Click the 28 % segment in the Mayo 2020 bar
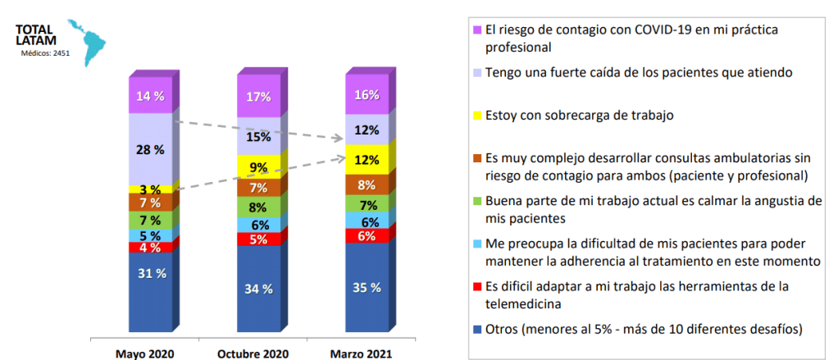(149, 149)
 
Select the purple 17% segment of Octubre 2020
(258, 96)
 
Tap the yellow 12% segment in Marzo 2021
(367, 160)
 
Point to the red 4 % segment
(149, 247)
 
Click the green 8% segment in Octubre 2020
(258, 207)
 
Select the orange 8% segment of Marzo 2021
(367, 185)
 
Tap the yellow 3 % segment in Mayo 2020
(149, 189)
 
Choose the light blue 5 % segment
(149, 235)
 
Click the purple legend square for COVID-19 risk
(477, 30)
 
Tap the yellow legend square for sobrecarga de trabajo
(477, 116)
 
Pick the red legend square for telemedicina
(477, 286)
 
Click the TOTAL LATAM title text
(34, 36)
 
